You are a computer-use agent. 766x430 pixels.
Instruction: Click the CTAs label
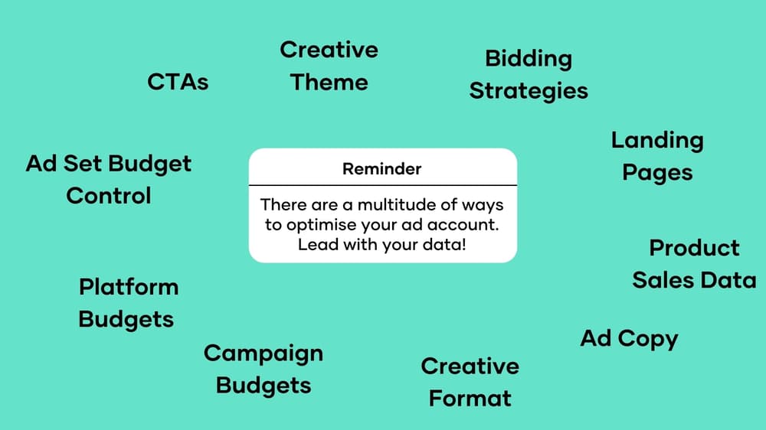point(178,82)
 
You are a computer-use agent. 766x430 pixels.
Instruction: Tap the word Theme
point(329,82)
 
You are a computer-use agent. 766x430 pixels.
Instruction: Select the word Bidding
point(529,60)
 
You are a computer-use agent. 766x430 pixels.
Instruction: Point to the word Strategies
point(529,92)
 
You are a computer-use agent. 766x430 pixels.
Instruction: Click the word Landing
point(657,142)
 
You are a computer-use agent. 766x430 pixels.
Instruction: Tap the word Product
point(694,248)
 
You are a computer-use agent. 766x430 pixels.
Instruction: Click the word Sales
point(663,280)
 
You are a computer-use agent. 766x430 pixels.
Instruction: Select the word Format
point(470,399)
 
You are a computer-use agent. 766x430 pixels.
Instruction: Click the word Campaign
point(264,354)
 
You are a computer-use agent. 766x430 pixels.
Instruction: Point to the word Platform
point(129,287)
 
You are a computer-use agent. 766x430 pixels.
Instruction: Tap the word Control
point(109,196)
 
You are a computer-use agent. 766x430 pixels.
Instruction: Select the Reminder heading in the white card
point(382,169)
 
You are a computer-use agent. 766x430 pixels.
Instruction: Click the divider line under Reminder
point(383,185)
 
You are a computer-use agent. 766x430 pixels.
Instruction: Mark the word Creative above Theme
point(329,50)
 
